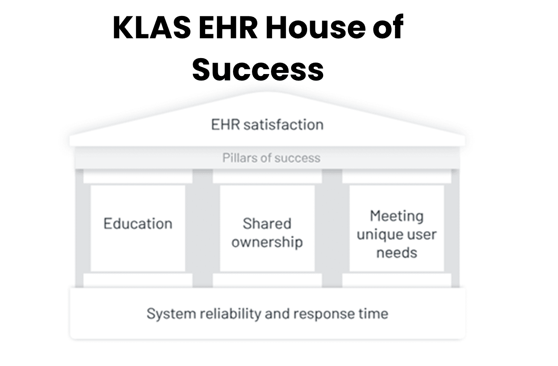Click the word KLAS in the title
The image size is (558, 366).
coord(152,28)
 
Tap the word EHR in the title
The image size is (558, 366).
coord(228,28)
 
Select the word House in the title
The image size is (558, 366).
coord(315,28)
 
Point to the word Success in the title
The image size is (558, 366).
coord(258,69)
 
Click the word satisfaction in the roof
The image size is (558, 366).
coord(284,125)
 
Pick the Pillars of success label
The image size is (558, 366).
coord(271,158)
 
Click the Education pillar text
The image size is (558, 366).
coord(138,223)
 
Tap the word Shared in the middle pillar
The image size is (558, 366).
coord(267,223)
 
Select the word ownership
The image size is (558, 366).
coord(267,242)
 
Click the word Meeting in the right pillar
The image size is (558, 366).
coord(396,216)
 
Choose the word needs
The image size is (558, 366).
coord(396,253)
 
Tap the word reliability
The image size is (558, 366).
coord(230,314)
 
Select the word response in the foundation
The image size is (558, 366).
coord(324,314)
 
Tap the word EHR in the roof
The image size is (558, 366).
coord(225,125)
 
